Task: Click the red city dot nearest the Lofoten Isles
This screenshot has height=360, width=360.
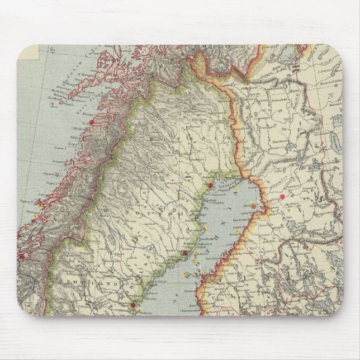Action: [91, 121]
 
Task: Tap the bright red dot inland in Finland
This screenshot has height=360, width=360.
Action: [282, 196]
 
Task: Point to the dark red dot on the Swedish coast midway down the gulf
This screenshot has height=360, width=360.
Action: [185, 254]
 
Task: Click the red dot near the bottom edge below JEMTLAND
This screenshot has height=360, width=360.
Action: [132, 305]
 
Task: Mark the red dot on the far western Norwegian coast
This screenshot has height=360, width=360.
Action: [22, 256]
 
